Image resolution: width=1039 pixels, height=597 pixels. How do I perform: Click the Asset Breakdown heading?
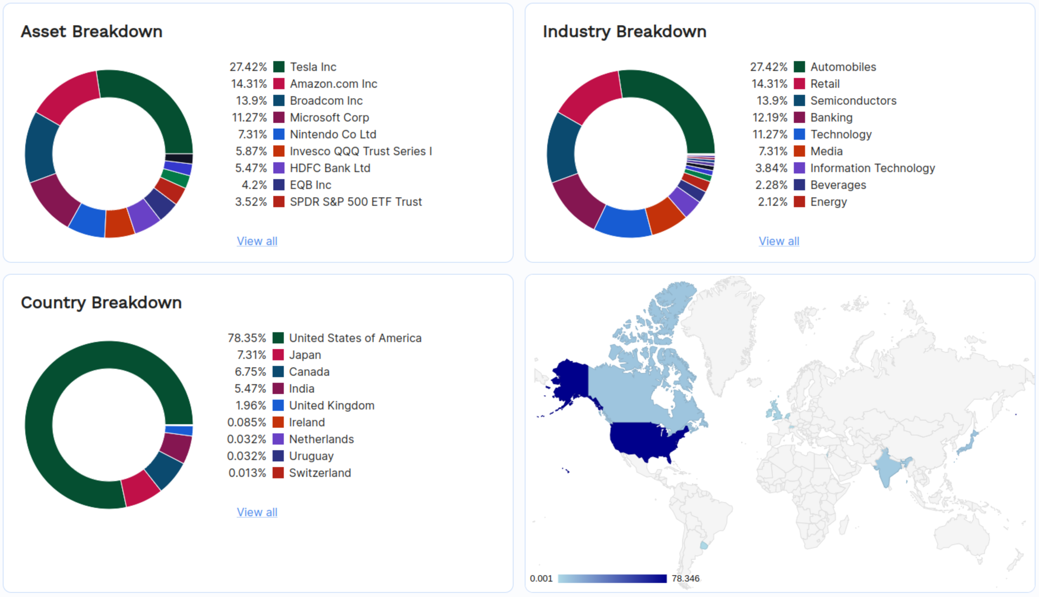[91, 32]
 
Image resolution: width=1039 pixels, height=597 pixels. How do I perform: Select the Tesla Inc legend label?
[313, 67]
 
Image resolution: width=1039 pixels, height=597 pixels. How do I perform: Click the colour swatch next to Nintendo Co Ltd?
[279, 134]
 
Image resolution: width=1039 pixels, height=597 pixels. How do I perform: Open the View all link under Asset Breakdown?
[257, 241]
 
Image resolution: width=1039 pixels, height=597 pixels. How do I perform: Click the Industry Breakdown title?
[624, 32]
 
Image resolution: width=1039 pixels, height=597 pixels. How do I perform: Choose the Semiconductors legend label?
[853, 100]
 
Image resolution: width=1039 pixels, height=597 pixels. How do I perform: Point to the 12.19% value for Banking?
[769, 117]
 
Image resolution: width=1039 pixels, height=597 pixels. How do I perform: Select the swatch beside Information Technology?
[799, 168]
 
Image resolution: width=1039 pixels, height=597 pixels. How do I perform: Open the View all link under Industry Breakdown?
[779, 241]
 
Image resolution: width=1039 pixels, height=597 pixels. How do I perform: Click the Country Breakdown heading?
[101, 303]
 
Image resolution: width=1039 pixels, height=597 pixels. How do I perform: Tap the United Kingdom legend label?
[331, 405]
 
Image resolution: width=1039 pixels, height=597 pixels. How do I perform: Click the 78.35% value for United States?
[247, 338]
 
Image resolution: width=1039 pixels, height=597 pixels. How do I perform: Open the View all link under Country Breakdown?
[257, 512]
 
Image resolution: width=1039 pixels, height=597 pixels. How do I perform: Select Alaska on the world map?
[570, 379]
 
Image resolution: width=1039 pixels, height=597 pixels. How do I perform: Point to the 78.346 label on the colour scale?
[685, 578]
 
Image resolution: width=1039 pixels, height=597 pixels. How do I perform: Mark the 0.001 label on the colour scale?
[541, 578]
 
